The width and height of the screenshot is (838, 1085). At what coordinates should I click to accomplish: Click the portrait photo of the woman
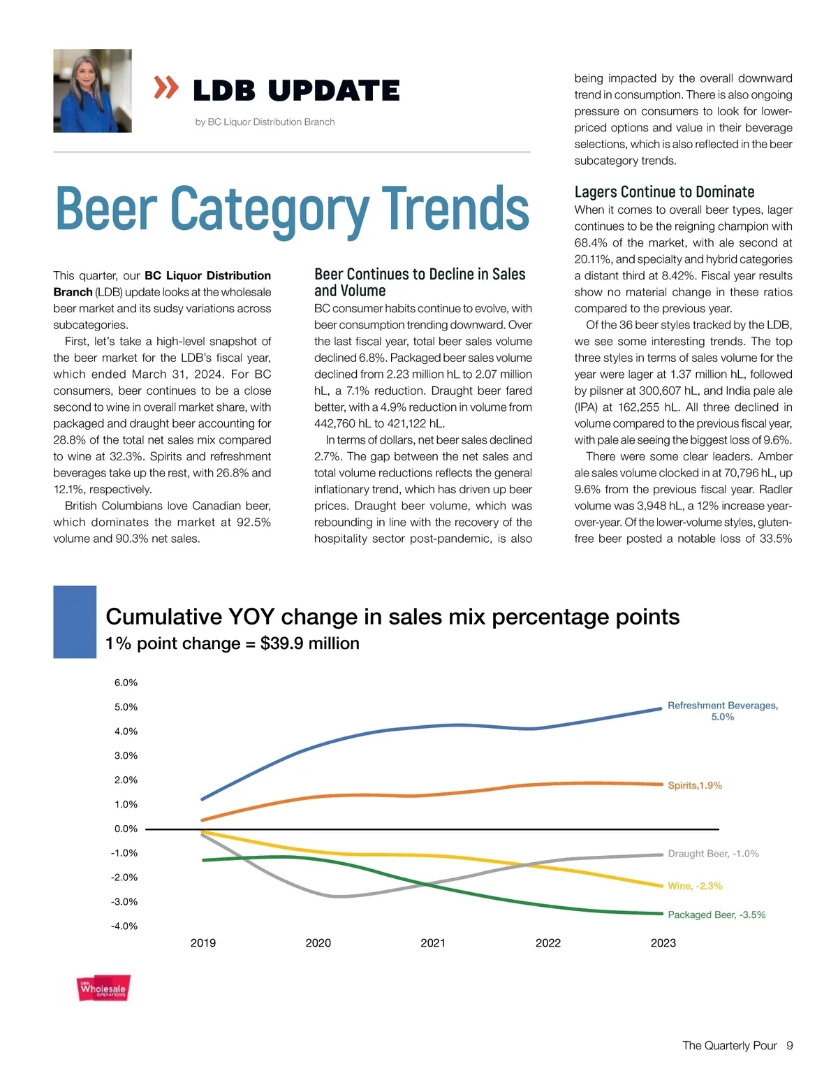click(92, 91)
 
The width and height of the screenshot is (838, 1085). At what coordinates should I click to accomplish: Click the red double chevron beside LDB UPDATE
click(166, 88)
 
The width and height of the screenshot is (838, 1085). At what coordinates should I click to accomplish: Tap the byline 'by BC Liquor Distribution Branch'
click(265, 122)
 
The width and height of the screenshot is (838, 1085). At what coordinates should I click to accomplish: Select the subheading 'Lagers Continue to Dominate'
click(664, 192)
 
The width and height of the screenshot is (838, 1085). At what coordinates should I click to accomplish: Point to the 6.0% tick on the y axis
click(126, 683)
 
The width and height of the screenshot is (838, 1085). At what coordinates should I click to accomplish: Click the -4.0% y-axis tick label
click(124, 926)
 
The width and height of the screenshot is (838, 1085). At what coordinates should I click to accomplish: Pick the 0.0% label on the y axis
click(126, 829)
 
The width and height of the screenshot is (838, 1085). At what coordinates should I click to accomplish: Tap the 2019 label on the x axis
click(203, 943)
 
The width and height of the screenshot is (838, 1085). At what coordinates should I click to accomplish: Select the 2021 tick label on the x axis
click(433, 943)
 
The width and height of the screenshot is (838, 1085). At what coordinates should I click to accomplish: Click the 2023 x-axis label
click(663, 943)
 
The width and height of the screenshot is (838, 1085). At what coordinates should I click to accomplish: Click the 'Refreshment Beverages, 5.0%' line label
click(723, 711)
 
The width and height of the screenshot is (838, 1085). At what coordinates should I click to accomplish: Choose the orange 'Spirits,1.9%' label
click(695, 786)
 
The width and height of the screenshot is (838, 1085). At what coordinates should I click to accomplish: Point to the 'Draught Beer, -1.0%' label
click(713, 854)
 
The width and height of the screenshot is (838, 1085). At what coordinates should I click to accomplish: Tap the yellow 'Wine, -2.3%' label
click(695, 886)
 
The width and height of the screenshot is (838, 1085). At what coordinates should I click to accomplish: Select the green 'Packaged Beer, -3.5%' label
click(716, 915)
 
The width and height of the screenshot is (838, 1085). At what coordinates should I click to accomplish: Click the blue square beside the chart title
click(75, 622)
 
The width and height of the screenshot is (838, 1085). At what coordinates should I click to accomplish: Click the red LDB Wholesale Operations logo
click(103, 989)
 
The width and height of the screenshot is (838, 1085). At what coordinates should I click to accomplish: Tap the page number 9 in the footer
click(790, 1046)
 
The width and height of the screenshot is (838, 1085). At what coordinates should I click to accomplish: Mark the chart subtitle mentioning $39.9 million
click(232, 643)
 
